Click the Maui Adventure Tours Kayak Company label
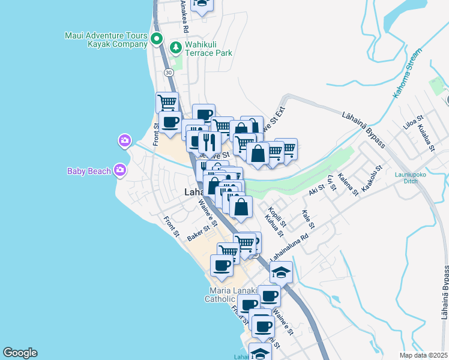tap(106, 40)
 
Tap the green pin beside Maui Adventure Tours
tap(157, 40)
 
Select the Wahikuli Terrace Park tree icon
tap(176, 47)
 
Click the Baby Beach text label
tap(89, 171)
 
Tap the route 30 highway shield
tap(169, 72)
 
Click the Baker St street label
tap(197, 232)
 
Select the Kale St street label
tap(309, 219)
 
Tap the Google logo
tap(20, 353)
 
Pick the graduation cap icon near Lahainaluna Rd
tap(281, 272)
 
